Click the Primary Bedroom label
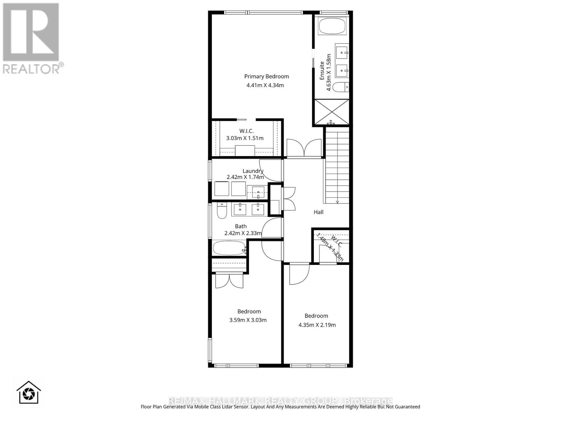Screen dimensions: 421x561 266,76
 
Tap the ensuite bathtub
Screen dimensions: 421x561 332,26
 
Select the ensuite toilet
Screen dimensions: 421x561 340,87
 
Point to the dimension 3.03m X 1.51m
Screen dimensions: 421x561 245,138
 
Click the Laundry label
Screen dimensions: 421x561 253,171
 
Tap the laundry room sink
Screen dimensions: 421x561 258,192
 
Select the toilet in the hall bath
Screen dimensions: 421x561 222,211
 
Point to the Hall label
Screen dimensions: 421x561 318,212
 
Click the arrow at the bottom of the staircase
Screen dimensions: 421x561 337,201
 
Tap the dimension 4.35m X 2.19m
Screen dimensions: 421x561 317,325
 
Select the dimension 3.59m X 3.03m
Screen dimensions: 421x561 248,320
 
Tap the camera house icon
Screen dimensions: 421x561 29,392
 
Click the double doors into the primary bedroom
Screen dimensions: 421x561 304,148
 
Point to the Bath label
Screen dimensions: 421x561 241,226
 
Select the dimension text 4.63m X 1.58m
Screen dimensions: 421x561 329,72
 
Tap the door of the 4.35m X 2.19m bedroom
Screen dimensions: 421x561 299,274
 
